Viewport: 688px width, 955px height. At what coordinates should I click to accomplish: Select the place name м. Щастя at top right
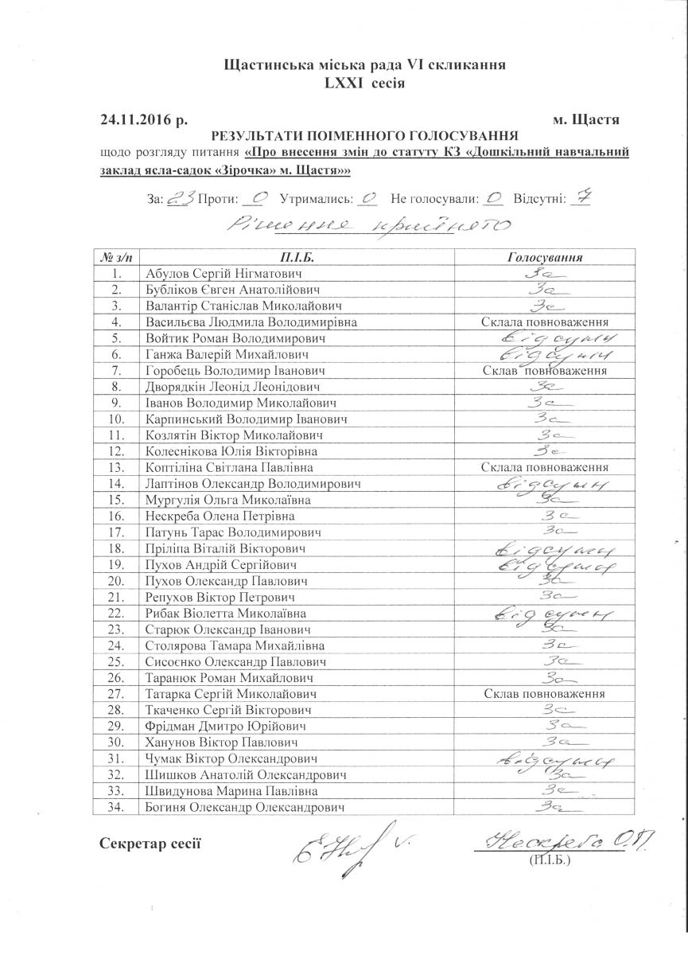pyautogui.click(x=585, y=119)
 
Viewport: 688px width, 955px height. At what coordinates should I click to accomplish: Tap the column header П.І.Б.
pyautogui.click(x=297, y=258)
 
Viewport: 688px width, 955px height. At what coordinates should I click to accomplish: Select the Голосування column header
pyautogui.click(x=545, y=258)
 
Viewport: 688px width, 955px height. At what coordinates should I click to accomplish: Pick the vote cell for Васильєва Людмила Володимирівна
pyautogui.click(x=545, y=322)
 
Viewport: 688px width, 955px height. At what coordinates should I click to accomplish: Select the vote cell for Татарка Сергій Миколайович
pyautogui.click(x=545, y=694)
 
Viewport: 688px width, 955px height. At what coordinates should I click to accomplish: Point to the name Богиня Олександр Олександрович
pyautogui.click(x=246, y=807)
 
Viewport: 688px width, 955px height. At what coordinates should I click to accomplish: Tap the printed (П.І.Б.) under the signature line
pyautogui.click(x=549, y=860)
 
